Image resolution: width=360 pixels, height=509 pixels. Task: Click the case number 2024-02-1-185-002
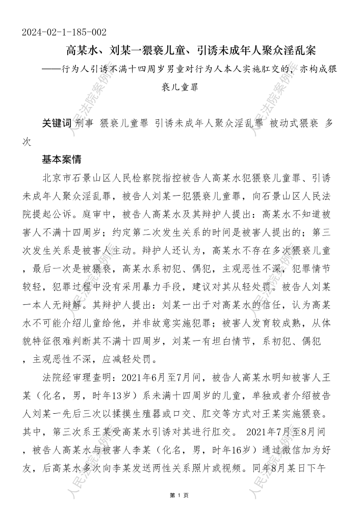64,33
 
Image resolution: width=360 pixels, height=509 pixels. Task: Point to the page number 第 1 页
179,495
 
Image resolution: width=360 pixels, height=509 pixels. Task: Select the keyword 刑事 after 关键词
85,123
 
